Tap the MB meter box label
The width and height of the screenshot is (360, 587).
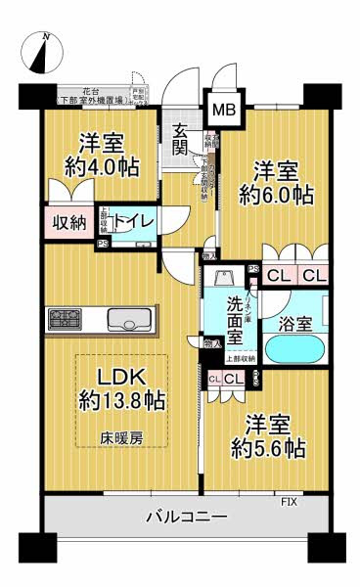coord(224,110)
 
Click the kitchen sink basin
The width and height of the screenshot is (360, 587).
coord(129,320)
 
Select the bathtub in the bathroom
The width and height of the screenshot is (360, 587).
coord(294,348)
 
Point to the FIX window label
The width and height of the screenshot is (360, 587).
coord(289,502)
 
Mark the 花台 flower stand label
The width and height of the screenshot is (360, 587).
coord(94,90)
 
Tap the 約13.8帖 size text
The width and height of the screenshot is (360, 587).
coord(121,400)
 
